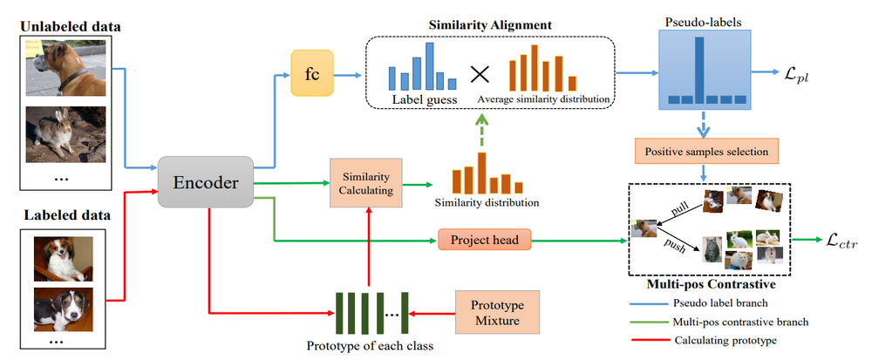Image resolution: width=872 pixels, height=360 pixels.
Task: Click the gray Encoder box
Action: tap(205, 182)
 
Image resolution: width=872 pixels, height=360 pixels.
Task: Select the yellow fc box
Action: tap(312, 75)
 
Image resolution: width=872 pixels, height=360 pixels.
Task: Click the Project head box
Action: tap(485, 239)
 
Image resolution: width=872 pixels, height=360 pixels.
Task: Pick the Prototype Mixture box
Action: tap(498, 313)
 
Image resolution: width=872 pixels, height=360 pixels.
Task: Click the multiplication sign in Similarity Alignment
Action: tap(480, 72)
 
